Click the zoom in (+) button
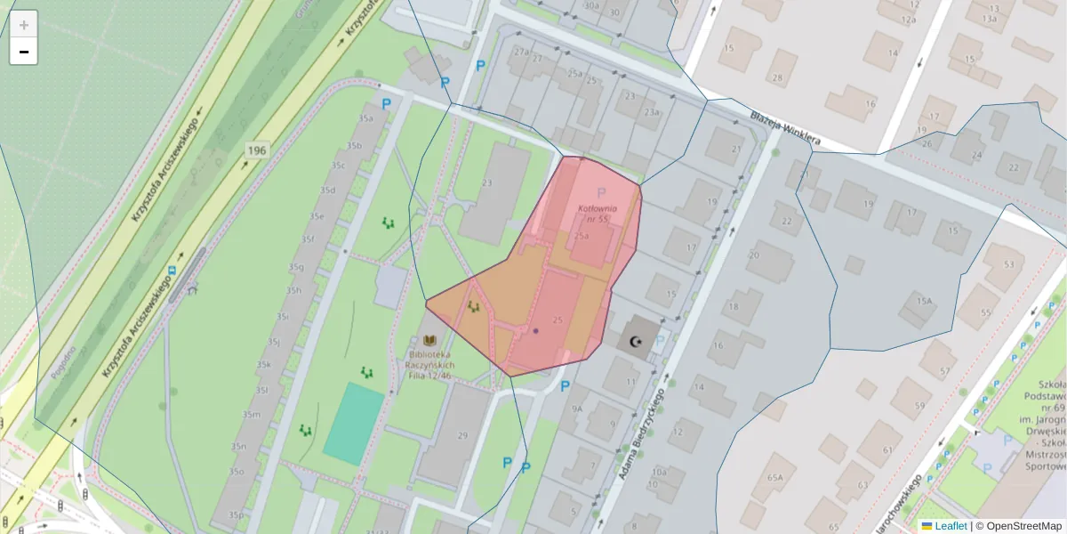(x=24, y=24)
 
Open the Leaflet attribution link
(x=951, y=526)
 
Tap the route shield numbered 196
(x=257, y=150)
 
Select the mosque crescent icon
(x=636, y=341)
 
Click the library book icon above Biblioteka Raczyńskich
(x=431, y=341)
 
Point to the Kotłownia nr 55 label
(x=598, y=213)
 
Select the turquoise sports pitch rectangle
(x=354, y=424)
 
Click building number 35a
(x=365, y=117)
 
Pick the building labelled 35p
(x=236, y=514)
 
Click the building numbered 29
(x=461, y=435)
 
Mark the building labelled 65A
(x=775, y=478)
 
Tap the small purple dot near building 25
(x=535, y=331)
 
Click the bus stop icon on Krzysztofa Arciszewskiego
(x=173, y=269)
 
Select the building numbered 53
(x=1008, y=264)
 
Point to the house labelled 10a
(x=659, y=472)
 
